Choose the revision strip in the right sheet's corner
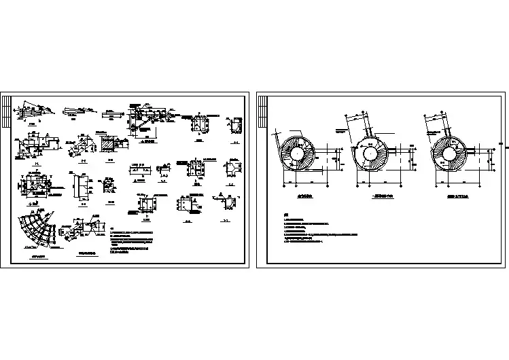click(262, 109)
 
